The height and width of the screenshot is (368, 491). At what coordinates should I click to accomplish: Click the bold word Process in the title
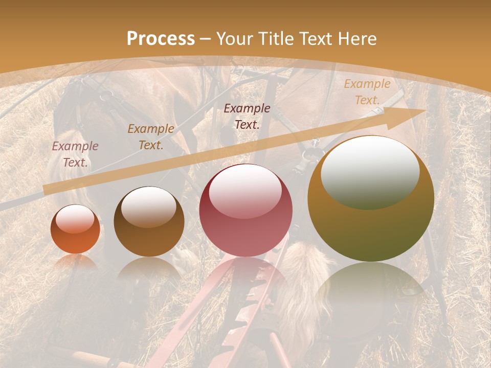[161, 39]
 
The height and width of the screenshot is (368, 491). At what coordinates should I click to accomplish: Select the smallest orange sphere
[75, 229]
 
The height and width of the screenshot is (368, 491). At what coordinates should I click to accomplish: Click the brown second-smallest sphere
[149, 222]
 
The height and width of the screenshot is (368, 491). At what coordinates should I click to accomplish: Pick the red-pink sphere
[245, 210]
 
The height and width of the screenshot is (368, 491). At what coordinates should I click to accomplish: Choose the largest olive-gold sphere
[371, 198]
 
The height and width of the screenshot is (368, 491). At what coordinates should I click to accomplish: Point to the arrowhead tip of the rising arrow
[425, 110]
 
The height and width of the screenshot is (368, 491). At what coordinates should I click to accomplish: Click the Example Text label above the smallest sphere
[75, 154]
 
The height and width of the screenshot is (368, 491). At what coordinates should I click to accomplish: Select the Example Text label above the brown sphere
[151, 137]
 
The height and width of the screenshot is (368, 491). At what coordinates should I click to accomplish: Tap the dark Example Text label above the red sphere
[247, 116]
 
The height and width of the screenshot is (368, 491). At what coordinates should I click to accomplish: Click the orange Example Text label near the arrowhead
[367, 92]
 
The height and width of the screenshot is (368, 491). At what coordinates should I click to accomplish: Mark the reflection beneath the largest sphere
[370, 286]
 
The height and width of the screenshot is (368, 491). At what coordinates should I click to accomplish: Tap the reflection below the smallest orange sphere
[75, 262]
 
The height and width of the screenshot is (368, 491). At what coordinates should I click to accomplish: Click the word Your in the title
[232, 39]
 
